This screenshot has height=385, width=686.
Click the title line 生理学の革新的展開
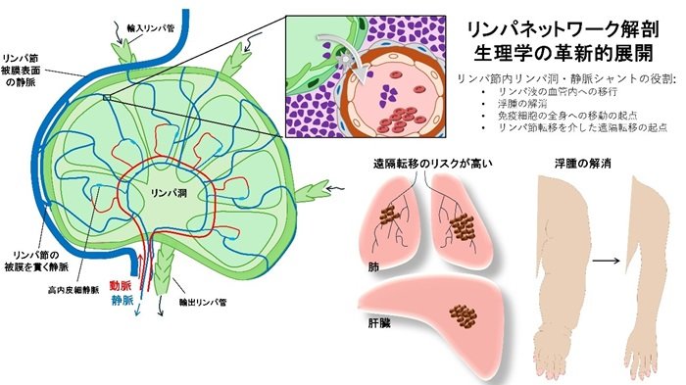click(563, 51)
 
